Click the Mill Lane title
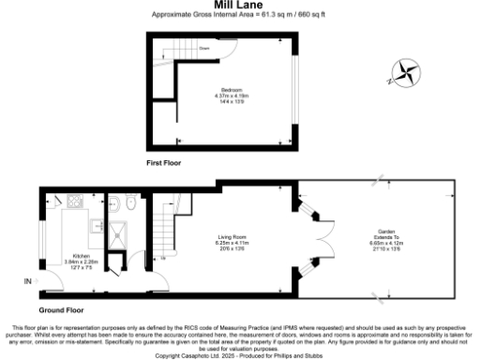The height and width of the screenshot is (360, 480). [x=239, y=6]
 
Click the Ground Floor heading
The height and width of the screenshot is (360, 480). [x=62, y=309]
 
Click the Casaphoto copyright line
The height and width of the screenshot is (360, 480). [x=239, y=355]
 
